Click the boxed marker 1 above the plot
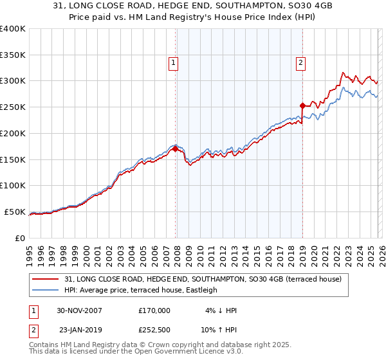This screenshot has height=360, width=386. click(174, 62)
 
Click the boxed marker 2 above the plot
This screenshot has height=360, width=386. click(301, 62)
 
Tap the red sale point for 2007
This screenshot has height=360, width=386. click(175, 148)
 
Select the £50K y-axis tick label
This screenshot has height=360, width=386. click(15, 212)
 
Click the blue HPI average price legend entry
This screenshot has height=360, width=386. click(141, 290)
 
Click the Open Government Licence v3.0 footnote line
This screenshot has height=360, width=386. click(136, 353)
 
